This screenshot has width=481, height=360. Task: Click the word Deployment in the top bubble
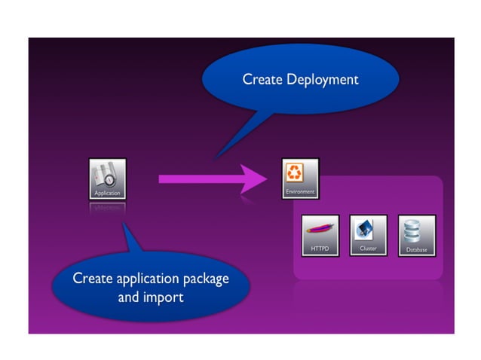pos(323,79)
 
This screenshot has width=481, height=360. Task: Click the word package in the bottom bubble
pos(205,279)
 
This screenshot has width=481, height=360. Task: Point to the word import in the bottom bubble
pos(165,297)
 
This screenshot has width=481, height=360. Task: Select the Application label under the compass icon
pos(107,194)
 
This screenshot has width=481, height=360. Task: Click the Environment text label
pos(299,192)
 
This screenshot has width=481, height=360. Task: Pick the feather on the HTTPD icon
pos(320,230)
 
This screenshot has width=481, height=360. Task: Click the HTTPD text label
pos(320,249)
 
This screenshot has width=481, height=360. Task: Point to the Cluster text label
pos(368,248)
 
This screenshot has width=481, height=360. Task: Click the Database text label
pos(416,249)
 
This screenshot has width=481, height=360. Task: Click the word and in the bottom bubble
pos(129,297)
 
